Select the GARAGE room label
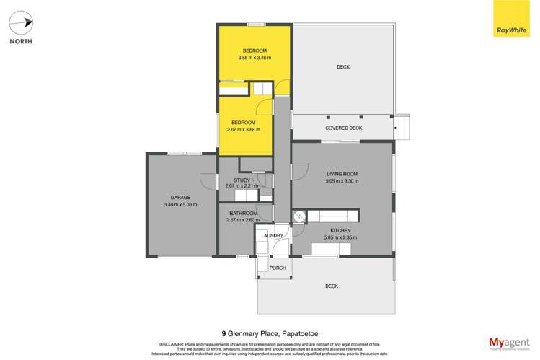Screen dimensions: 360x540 pos(180,197)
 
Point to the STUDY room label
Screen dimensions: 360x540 pos(242,180)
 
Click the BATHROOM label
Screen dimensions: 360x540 pos(243,213)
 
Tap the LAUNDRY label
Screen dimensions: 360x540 pos(272,236)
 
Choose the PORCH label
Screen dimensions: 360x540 pos(278,268)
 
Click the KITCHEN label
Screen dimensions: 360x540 pos(341,230)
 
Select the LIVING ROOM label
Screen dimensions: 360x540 pos(342,174)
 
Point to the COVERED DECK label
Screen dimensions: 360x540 pos(343,128)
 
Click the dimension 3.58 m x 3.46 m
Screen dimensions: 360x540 pos(254,58)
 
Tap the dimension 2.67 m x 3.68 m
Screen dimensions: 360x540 pos(243,130)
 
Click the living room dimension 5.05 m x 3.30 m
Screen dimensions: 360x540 pos(342,181)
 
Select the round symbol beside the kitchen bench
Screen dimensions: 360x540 pos(299,216)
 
